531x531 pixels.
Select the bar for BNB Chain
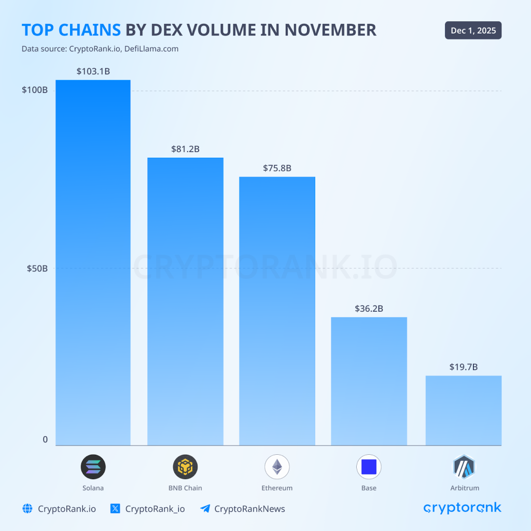pos(185,301)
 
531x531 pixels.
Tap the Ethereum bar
pos(277,311)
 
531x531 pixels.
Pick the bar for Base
pos(369,381)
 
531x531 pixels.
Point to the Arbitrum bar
pos(463,410)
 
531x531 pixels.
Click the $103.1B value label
pos(93,71)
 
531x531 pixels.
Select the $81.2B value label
pos(185,149)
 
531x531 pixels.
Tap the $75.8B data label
pos(277,168)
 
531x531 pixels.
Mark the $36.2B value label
pos(369,309)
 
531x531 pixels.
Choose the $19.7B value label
pos(463,367)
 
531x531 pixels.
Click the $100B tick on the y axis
pos(35,90)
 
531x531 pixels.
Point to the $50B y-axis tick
pos(37,269)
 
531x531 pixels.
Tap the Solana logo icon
pos(93,467)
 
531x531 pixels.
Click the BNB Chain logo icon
pos(185,467)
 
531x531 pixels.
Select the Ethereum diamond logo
pos(277,467)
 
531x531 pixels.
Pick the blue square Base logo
pos(369,467)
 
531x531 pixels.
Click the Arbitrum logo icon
pos(463,467)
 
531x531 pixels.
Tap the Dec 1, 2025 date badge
pos(473,31)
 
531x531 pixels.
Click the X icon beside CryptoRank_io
pos(116,509)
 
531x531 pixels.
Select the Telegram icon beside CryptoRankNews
pos(205,509)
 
